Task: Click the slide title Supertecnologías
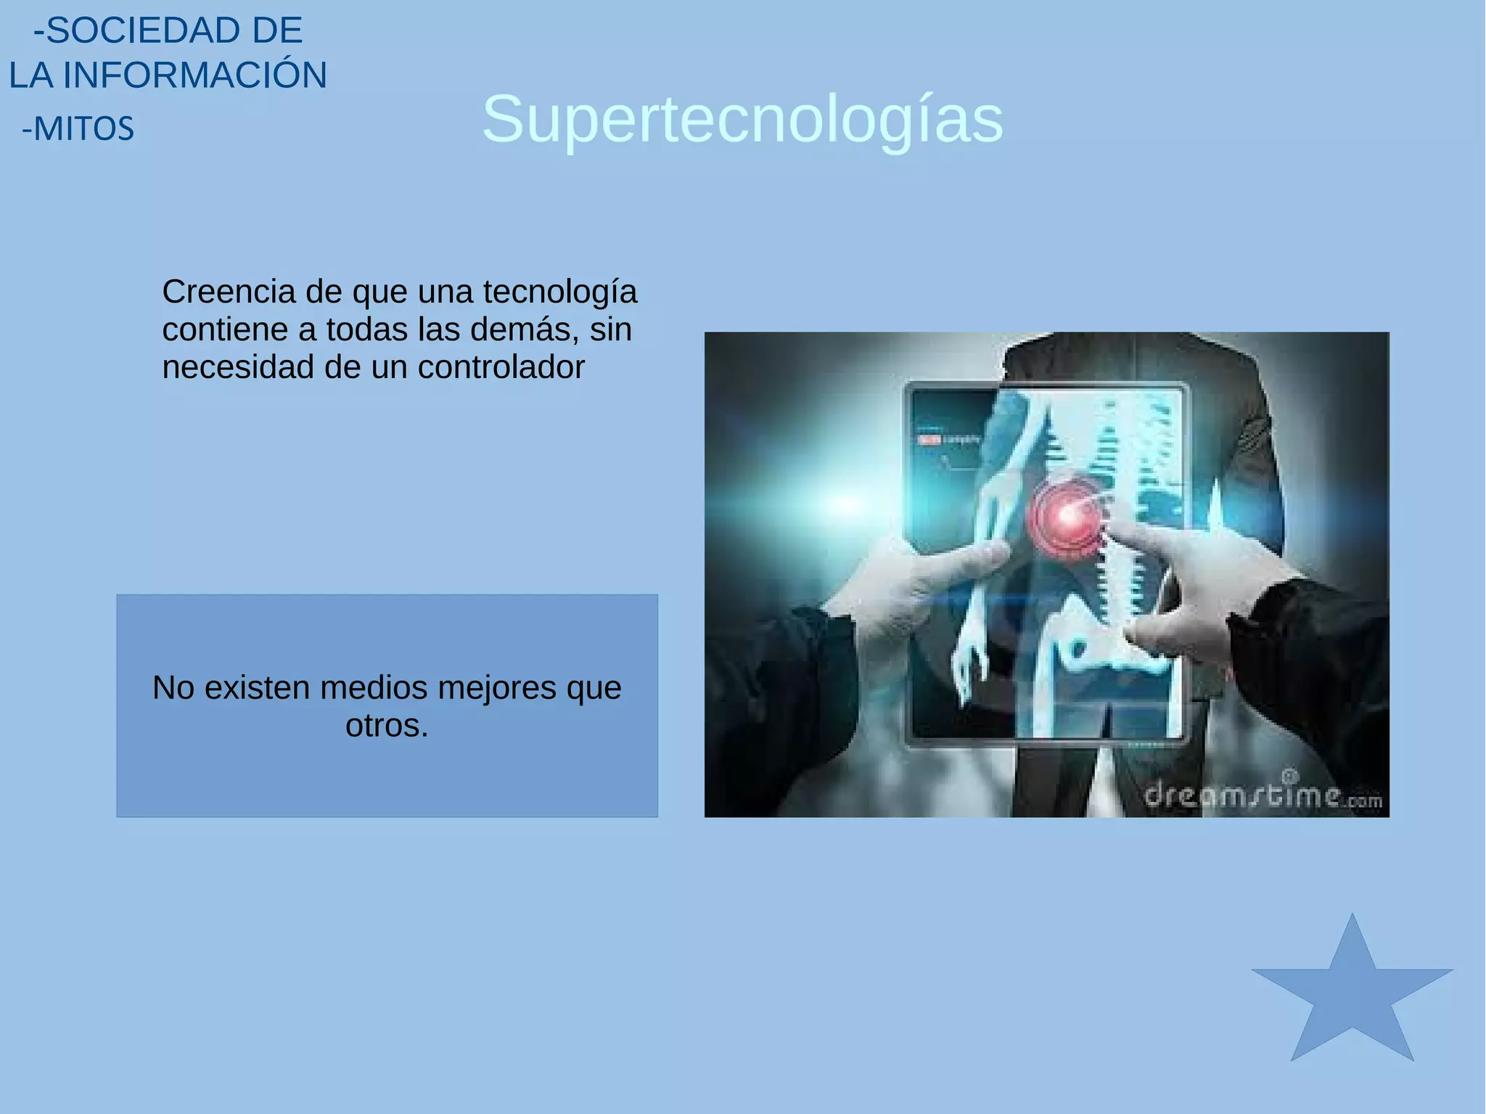(x=742, y=119)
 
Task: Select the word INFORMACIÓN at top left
(x=194, y=75)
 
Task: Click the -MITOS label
(x=78, y=129)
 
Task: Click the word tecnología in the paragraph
(x=559, y=292)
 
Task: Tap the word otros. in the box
(x=387, y=726)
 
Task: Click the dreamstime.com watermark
(x=1263, y=796)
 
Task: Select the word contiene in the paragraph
(x=225, y=329)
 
